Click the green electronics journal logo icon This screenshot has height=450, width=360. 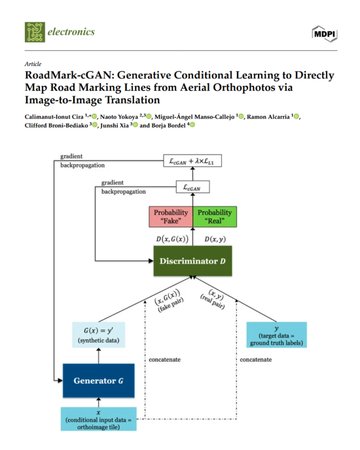point(35,32)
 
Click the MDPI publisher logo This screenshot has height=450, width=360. point(325,34)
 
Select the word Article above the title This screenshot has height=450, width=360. point(33,64)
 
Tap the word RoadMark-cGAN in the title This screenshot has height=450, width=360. point(69,75)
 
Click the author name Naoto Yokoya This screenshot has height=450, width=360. point(119,117)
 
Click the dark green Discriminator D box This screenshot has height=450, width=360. point(192,261)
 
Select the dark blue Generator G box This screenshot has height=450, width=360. point(99,381)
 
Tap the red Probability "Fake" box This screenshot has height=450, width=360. point(171,216)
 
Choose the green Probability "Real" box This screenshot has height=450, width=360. point(215,216)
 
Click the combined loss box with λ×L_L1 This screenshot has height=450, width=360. point(192,161)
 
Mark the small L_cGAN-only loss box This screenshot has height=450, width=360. point(192,187)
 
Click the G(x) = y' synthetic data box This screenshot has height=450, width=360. point(99,335)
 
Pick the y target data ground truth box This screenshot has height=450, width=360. point(277,335)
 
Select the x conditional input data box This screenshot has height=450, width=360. point(99,419)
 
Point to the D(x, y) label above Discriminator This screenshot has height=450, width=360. point(215,239)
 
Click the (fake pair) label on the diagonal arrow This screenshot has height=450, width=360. point(171,305)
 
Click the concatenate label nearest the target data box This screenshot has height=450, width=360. point(256,360)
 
